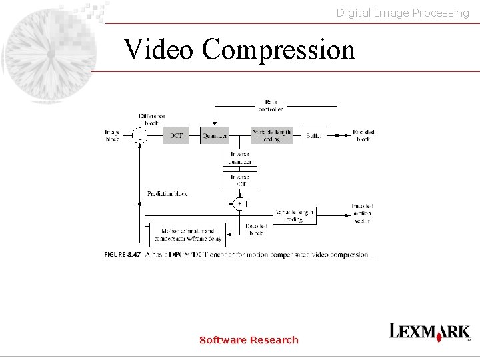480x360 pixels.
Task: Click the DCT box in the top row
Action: coord(176,135)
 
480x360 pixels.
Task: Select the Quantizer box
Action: coord(215,135)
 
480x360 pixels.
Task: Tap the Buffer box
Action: coord(314,135)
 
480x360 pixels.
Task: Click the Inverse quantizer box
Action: coord(240,158)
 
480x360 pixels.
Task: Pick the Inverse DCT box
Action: coord(240,181)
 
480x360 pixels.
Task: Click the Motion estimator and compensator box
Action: coord(187,235)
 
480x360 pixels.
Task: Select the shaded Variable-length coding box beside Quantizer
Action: coord(271,135)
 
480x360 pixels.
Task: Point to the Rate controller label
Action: coord(271,105)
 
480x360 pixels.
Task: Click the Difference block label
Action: coord(152,120)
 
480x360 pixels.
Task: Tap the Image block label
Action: coord(112,135)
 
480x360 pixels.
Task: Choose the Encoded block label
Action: coord(363,135)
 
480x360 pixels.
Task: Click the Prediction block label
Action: coord(167,194)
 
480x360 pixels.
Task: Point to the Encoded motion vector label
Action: coord(362,213)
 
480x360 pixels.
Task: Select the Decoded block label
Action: coord(255,230)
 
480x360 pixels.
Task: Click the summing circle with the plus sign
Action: coord(239,203)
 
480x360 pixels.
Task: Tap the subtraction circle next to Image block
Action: coord(140,135)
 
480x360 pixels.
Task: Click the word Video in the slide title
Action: coord(159,49)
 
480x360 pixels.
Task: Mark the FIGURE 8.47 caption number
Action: coord(123,255)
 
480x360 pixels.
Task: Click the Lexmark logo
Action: coord(430,332)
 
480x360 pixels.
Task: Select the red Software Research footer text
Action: coord(249,340)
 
